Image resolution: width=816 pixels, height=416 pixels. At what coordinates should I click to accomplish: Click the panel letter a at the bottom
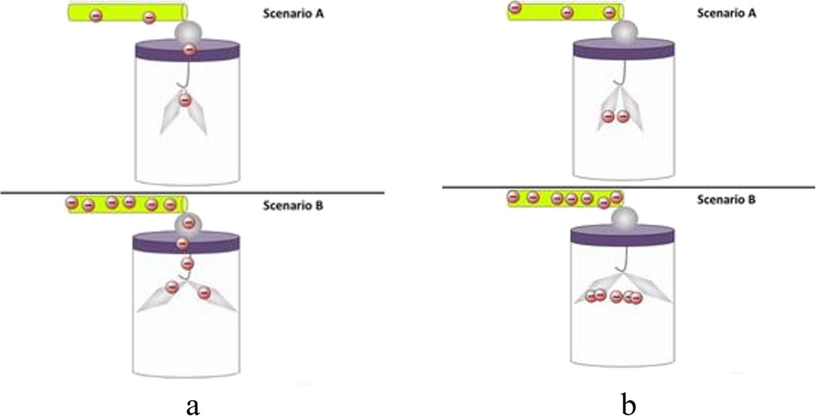tap(191, 405)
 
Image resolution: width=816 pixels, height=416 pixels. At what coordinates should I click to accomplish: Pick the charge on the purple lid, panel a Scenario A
tap(189, 50)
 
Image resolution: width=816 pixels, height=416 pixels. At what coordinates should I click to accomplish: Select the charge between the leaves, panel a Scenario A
tap(185, 100)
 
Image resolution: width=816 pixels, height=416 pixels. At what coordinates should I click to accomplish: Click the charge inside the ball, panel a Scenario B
tap(188, 222)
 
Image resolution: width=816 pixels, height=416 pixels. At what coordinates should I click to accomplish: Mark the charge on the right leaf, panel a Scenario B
tap(204, 293)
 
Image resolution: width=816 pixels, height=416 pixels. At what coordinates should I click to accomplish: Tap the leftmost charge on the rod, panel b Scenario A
tap(515, 8)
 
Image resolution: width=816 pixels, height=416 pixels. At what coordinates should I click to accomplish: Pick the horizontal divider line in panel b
tap(628, 187)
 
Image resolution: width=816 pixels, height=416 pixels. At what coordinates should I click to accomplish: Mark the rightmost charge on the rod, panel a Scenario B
tap(170, 205)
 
